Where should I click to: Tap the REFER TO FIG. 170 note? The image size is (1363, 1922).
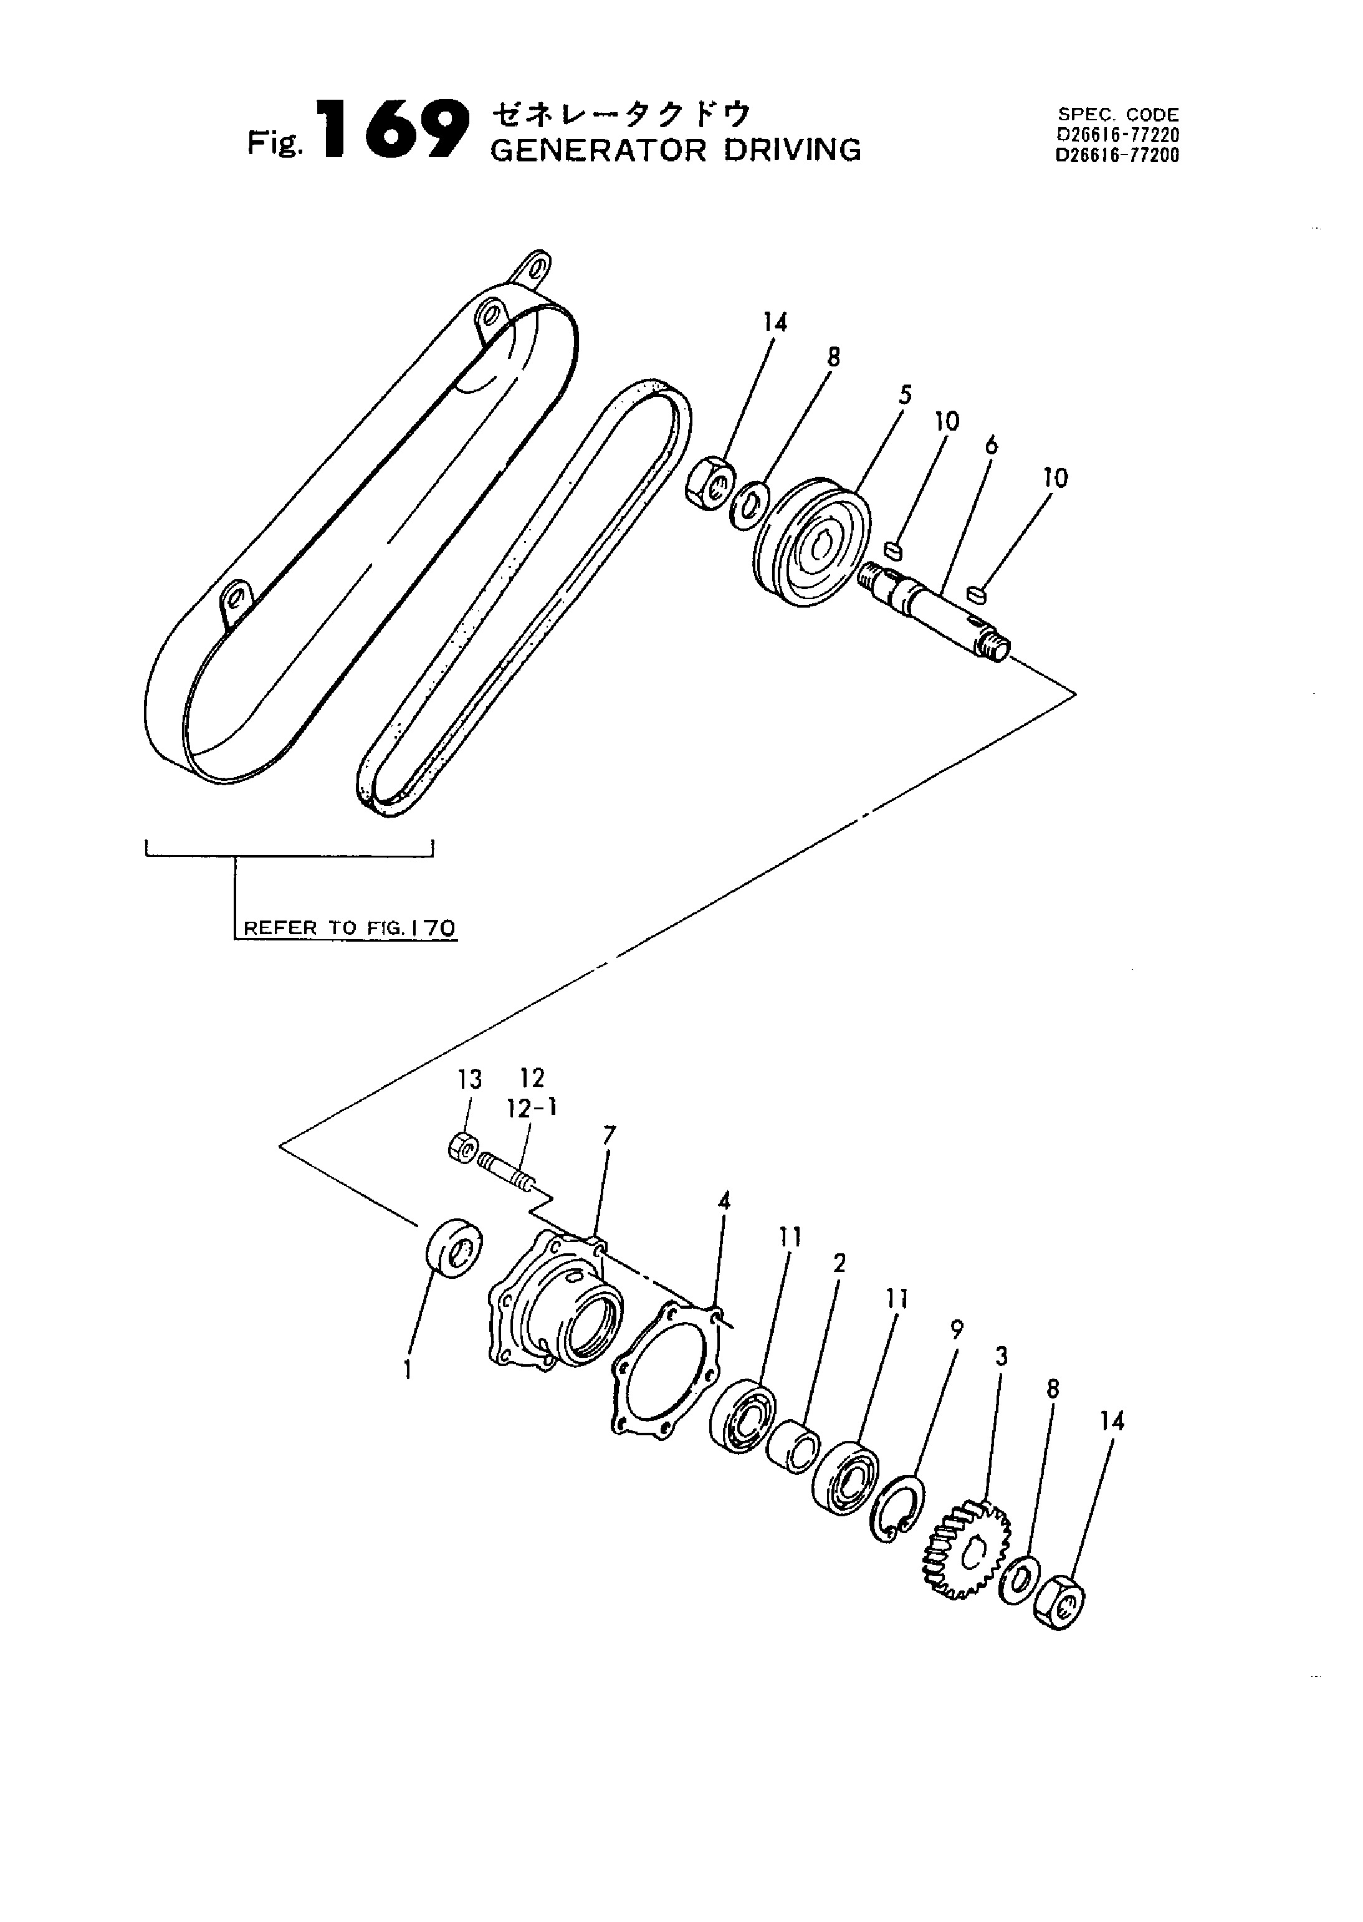click(349, 927)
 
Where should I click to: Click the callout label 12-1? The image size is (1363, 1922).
click(531, 1108)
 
